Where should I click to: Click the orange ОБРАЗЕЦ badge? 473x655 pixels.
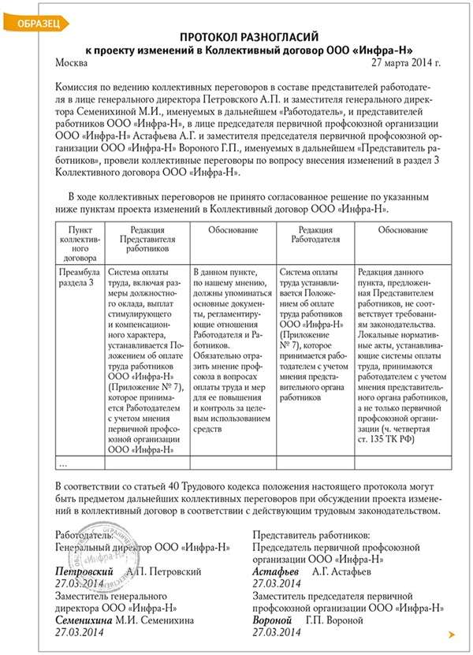tap(32, 24)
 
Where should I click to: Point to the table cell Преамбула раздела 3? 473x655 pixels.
tap(76, 276)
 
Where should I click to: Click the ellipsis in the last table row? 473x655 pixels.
tap(63, 463)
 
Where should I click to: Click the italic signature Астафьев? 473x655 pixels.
tap(277, 571)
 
